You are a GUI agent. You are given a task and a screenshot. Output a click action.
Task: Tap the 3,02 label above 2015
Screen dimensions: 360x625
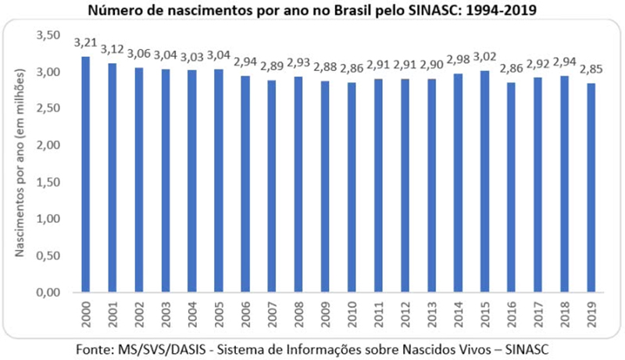click(485, 56)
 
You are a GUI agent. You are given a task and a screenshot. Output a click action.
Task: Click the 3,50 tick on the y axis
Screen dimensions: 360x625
click(48, 36)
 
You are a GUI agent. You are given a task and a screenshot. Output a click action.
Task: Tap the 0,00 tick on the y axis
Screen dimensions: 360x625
click(48, 292)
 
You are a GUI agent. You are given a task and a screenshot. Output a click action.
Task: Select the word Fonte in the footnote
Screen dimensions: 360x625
click(96, 346)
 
